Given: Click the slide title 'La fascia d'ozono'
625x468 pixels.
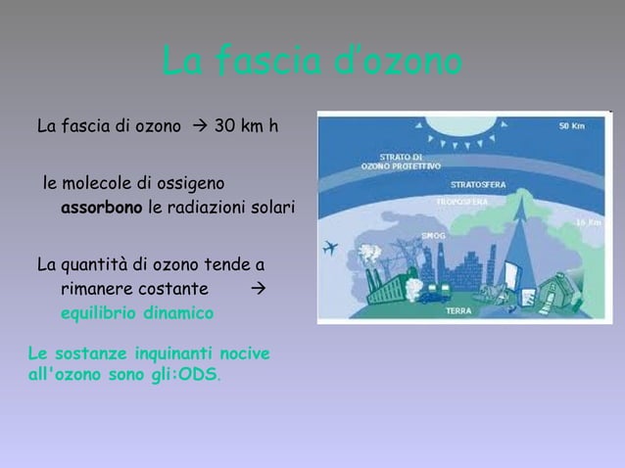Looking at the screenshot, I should [x=312, y=64].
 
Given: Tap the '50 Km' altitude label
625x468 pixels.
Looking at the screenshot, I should [x=573, y=126].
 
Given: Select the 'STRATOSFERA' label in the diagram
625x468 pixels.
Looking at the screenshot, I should [x=478, y=184].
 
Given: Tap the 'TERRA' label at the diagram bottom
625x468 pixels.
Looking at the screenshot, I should [x=459, y=310].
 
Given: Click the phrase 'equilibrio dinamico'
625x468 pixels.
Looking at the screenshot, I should [x=137, y=314].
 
